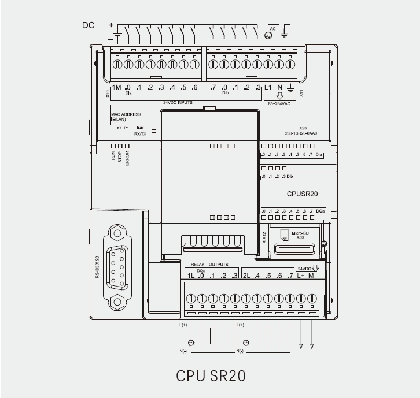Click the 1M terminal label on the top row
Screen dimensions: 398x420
116,87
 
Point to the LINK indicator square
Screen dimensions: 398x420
154,127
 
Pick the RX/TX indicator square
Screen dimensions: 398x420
154,134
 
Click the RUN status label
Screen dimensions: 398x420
113,155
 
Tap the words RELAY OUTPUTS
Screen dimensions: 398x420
210,264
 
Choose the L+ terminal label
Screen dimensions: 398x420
301,276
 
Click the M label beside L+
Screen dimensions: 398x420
311,276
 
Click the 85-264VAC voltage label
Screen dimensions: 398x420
279,104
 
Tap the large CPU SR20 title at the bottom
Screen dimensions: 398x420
211,375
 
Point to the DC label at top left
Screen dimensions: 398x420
89,26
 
